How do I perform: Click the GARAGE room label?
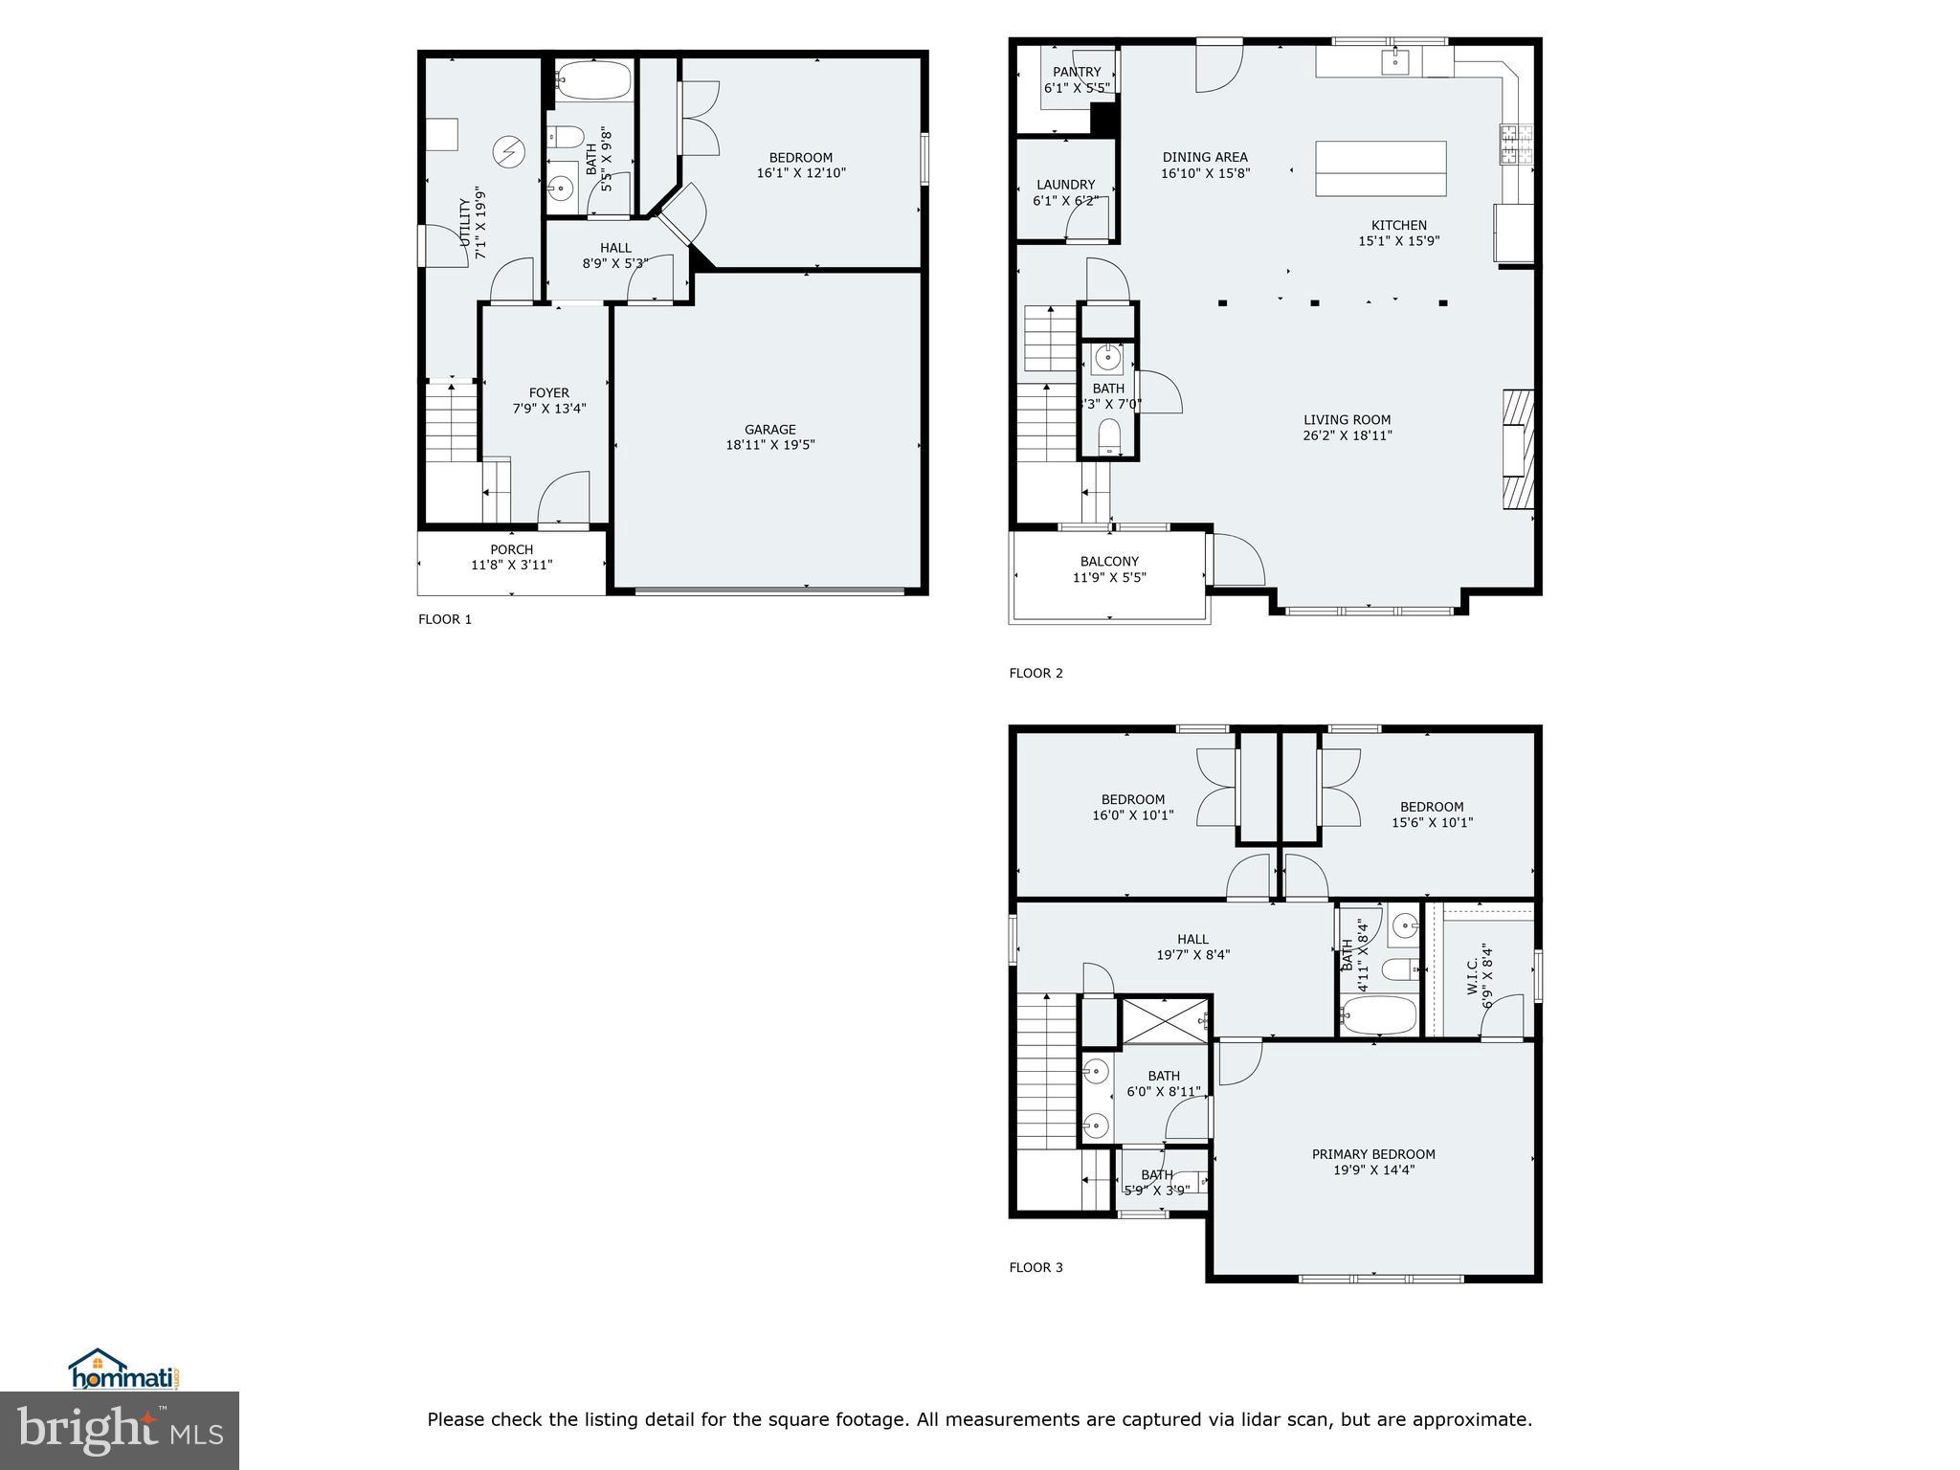tap(769, 430)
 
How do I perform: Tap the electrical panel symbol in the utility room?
tap(509, 151)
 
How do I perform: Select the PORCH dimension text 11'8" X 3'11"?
tap(511, 565)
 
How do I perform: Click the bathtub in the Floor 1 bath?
tap(593, 79)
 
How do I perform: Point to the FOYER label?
tap(548, 392)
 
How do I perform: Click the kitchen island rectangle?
tap(1380, 168)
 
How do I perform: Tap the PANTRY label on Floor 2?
tap(1077, 72)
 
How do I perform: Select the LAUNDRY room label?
tap(1065, 185)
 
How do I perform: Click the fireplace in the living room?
tap(1518, 449)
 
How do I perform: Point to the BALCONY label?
tap(1109, 562)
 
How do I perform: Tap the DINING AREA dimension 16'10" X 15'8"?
tap(1205, 173)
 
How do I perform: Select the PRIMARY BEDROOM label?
tap(1372, 1154)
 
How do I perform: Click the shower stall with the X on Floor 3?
tap(1164, 1021)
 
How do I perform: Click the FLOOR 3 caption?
tap(1036, 1267)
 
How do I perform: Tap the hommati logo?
tap(124, 1370)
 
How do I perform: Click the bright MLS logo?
tap(120, 1430)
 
